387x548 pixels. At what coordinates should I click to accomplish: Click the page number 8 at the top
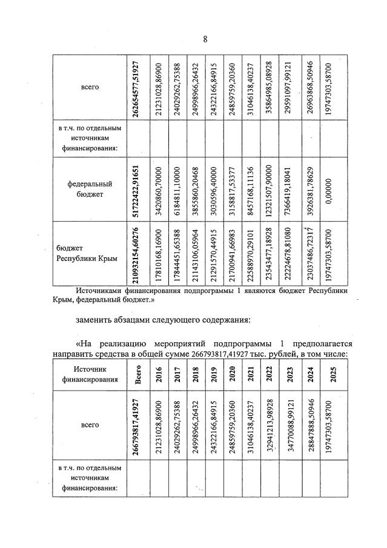(x=205, y=39)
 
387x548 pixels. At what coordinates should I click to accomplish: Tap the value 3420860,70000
(x=159, y=188)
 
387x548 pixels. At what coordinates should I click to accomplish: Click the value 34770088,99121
(x=290, y=429)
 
